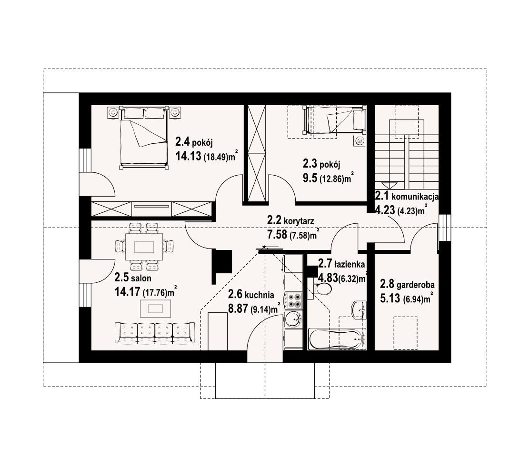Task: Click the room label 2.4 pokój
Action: click(196, 142)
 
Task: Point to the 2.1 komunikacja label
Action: click(407, 196)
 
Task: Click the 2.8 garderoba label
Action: click(407, 285)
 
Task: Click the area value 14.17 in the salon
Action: click(125, 292)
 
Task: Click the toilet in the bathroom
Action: click(324, 289)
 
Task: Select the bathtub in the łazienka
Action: click(337, 339)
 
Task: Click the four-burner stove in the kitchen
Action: click(293, 299)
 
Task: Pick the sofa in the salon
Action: click(155, 332)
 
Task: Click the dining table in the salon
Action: click(144, 247)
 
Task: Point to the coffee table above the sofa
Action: click(155, 309)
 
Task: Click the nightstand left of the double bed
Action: click(113, 112)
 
